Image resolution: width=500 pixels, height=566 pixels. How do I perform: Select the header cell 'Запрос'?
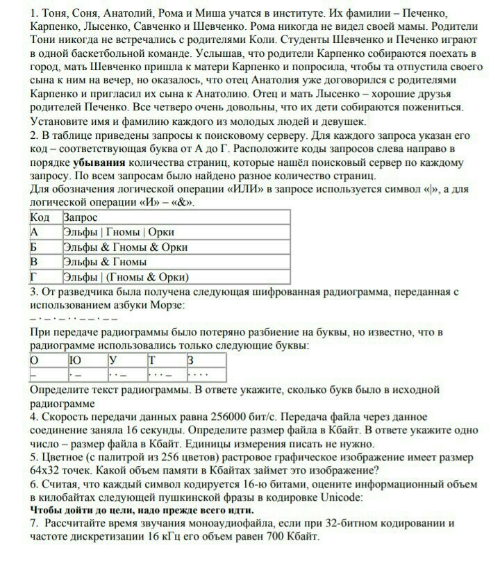[x=81, y=217]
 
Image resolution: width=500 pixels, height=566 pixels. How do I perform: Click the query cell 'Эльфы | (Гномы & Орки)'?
[x=126, y=277]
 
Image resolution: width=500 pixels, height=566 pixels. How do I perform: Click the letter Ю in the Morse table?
[x=75, y=360]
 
